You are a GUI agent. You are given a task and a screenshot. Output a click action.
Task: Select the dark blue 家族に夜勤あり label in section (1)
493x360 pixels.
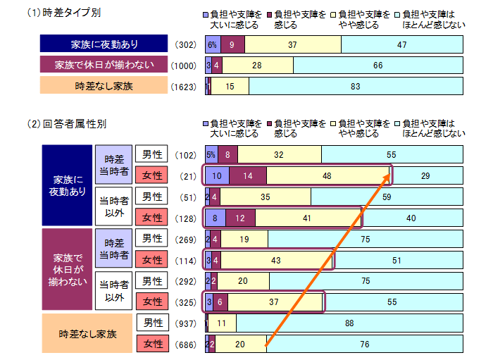(104, 44)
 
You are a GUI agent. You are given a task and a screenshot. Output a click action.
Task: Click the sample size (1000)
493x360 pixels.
(186, 66)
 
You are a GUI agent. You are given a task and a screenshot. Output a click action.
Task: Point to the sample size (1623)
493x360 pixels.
(186, 87)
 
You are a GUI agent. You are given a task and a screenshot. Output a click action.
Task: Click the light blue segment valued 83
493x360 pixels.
(355, 87)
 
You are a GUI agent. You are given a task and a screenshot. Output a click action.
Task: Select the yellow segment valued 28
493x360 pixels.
(258, 66)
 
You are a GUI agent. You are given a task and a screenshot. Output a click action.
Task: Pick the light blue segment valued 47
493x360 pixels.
(401, 44)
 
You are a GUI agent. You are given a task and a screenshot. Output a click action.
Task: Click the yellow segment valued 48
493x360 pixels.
(327, 175)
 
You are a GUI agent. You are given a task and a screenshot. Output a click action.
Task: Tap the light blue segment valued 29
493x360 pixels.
(426, 175)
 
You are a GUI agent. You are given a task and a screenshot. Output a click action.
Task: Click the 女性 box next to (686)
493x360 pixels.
(153, 345)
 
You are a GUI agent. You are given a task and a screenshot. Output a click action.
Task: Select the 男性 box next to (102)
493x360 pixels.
(153, 154)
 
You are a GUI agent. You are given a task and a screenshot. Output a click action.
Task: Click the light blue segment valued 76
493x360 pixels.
(363, 345)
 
